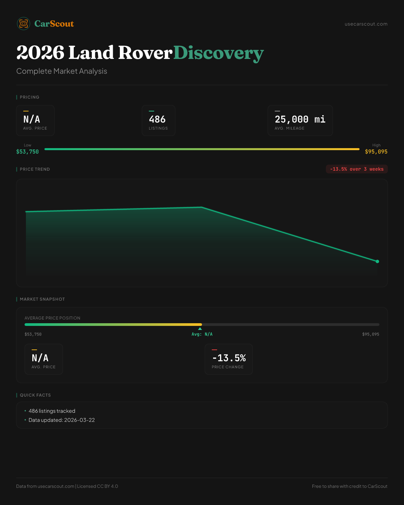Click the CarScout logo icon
pyautogui.click(x=24, y=24)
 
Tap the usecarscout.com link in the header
pyautogui.click(x=366, y=24)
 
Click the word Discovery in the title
pyautogui.click(x=218, y=53)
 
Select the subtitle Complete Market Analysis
pyautogui.click(x=62, y=71)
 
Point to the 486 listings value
pyautogui.click(x=157, y=120)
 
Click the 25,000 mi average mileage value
pyautogui.click(x=300, y=120)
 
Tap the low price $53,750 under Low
pyautogui.click(x=28, y=152)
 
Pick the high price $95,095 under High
pyautogui.click(x=376, y=152)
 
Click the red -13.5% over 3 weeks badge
pyautogui.click(x=357, y=169)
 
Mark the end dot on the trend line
pyautogui.click(x=377, y=261)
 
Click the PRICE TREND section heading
pyautogui.click(x=35, y=169)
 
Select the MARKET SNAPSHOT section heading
pyautogui.click(x=42, y=299)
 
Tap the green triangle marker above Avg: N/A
pyautogui.click(x=200, y=329)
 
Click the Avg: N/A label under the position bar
pyautogui.click(x=202, y=334)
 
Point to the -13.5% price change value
pyautogui.click(x=229, y=358)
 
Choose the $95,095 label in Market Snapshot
pyautogui.click(x=370, y=334)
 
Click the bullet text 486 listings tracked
pyautogui.click(x=52, y=411)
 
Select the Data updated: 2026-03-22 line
pyautogui.click(x=62, y=420)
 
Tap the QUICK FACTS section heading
pyautogui.click(x=35, y=395)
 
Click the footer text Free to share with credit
pyautogui.click(x=349, y=486)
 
